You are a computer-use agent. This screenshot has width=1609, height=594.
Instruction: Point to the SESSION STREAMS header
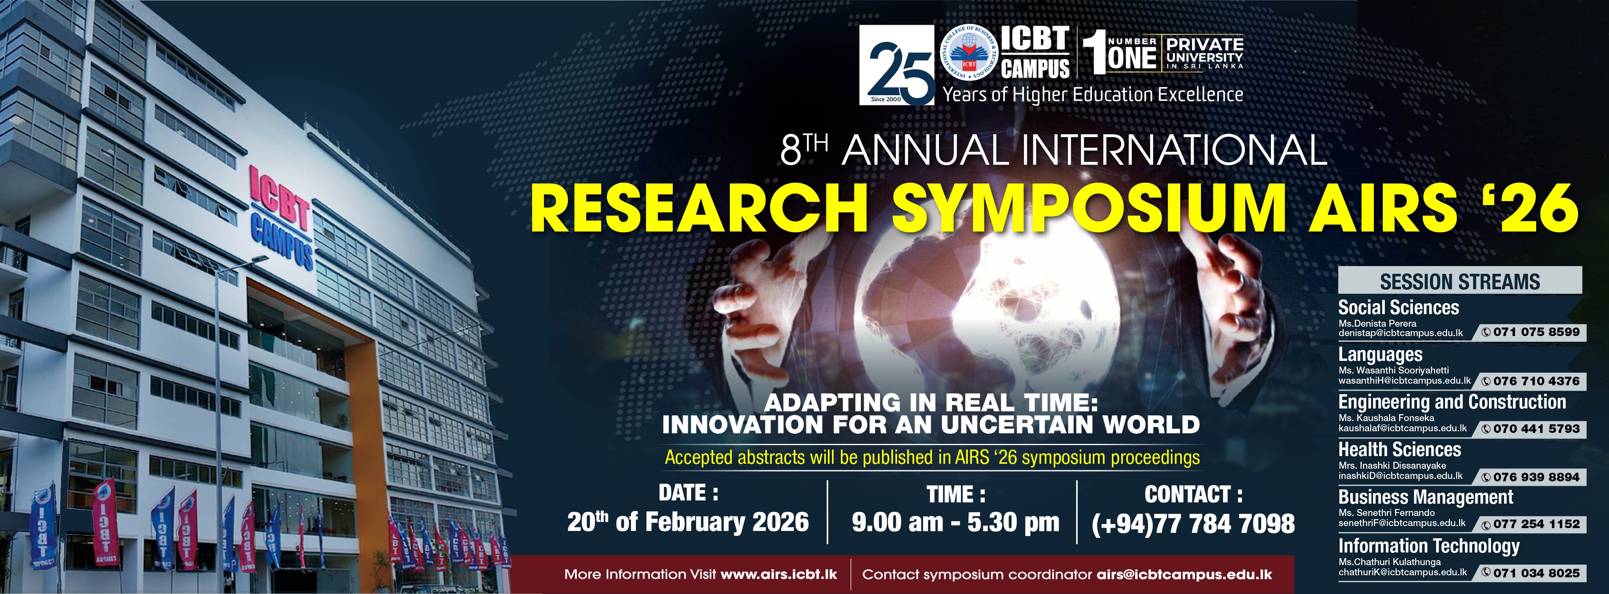click(x=1460, y=282)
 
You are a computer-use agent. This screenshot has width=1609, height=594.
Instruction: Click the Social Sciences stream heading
click(x=1398, y=307)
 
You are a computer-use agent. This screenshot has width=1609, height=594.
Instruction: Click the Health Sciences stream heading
click(x=1399, y=449)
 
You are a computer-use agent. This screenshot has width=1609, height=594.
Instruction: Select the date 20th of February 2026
click(x=688, y=522)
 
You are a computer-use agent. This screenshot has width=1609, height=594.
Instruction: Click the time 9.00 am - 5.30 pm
click(x=955, y=522)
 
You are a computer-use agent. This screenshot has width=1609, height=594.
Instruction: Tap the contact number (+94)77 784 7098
click(x=1193, y=524)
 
